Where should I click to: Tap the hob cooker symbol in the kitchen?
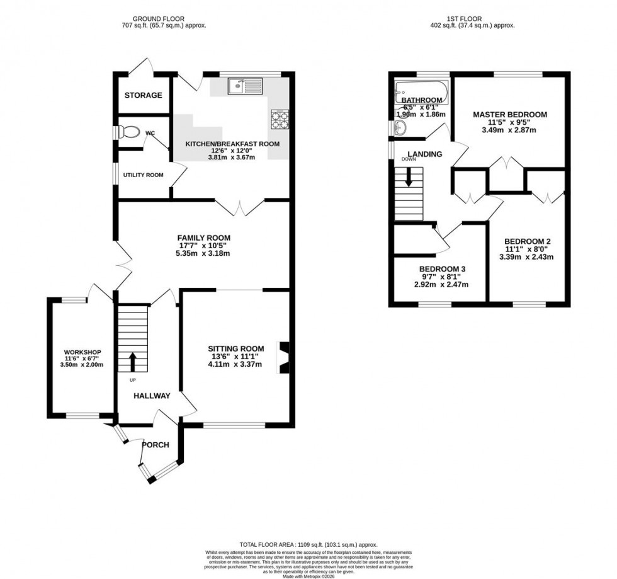[x=278, y=118]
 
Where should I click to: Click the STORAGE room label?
[x=143, y=96]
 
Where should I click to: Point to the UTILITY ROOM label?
[x=143, y=175]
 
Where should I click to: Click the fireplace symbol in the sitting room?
[x=283, y=357]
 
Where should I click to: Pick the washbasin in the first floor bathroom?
[x=399, y=128]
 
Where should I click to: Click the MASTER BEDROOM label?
[x=510, y=115]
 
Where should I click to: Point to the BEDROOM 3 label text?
[x=441, y=267]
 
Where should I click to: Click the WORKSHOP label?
[x=82, y=352]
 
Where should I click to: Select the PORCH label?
[x=155, y=445]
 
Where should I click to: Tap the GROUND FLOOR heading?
[x=166, y=18]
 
